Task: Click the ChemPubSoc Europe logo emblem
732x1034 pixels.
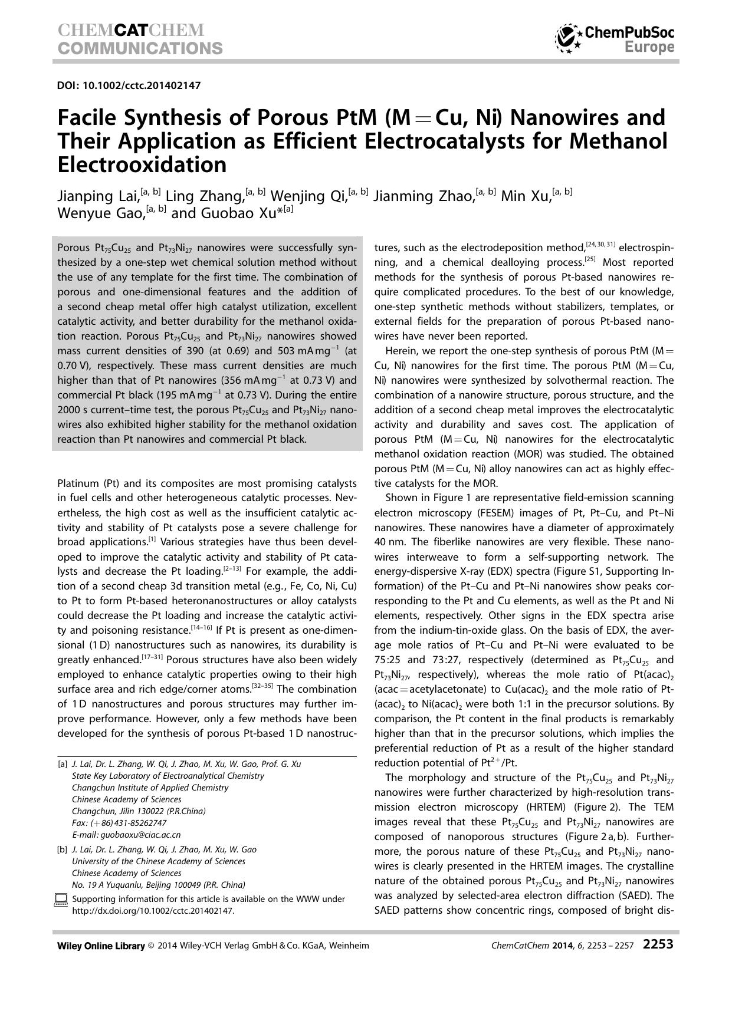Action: [568, 39]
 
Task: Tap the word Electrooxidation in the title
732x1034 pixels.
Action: [142, 165]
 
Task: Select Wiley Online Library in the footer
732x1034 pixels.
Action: [101, 946]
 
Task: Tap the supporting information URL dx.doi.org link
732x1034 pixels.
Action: [153, 910]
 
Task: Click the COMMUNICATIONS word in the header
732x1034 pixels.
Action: [140, 48]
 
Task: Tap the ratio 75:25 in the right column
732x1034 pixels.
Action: [388, 660]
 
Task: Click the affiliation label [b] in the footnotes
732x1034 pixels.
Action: [62, 849]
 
